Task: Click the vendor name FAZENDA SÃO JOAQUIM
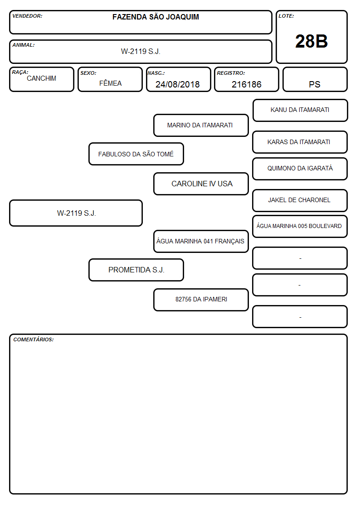[156, 17]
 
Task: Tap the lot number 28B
[311, 41]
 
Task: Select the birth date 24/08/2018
[178, 84]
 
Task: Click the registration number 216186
[246, 84]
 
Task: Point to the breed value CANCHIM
[42, 78]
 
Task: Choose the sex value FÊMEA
[110, 83]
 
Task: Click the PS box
[315, 79]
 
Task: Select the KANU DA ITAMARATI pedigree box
[300, 111]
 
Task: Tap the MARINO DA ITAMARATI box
[201, 125]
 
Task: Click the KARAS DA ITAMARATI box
[300, 142]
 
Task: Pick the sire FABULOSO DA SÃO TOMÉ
[136, 154]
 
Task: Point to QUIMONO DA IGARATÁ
[300, 169]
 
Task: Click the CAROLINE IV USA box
[201, 184]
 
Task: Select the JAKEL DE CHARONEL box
[300, 200]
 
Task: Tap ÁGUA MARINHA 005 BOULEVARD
[300, 226]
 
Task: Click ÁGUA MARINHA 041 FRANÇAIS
[201, 241]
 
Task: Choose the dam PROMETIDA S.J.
[136, 270]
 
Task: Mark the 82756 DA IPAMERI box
[201, 300]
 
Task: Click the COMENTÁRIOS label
[34, 339]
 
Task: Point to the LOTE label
[286, 16]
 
